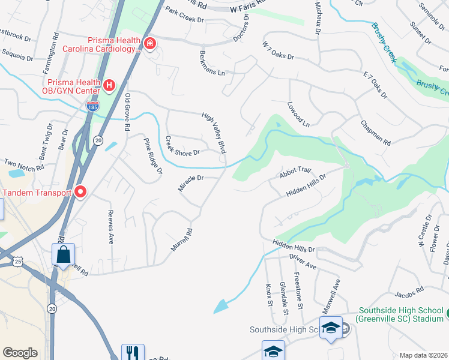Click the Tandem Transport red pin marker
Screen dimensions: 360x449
[x=80, y=193]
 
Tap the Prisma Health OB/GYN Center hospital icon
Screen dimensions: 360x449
[x=109, y=86]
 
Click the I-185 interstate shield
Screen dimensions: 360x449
[x=93, y=106]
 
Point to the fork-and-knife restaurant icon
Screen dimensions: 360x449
[x=132, y=353]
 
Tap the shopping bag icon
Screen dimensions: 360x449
[x=63, y=255]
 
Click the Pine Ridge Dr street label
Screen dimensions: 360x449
[x=152, y=155]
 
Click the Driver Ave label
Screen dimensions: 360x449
[x=302, y=261]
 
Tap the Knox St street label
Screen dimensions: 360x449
[x=270, y=295]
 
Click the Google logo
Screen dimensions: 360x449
[x=20, y=353]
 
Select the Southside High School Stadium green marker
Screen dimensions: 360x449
[x=447, y=314]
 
